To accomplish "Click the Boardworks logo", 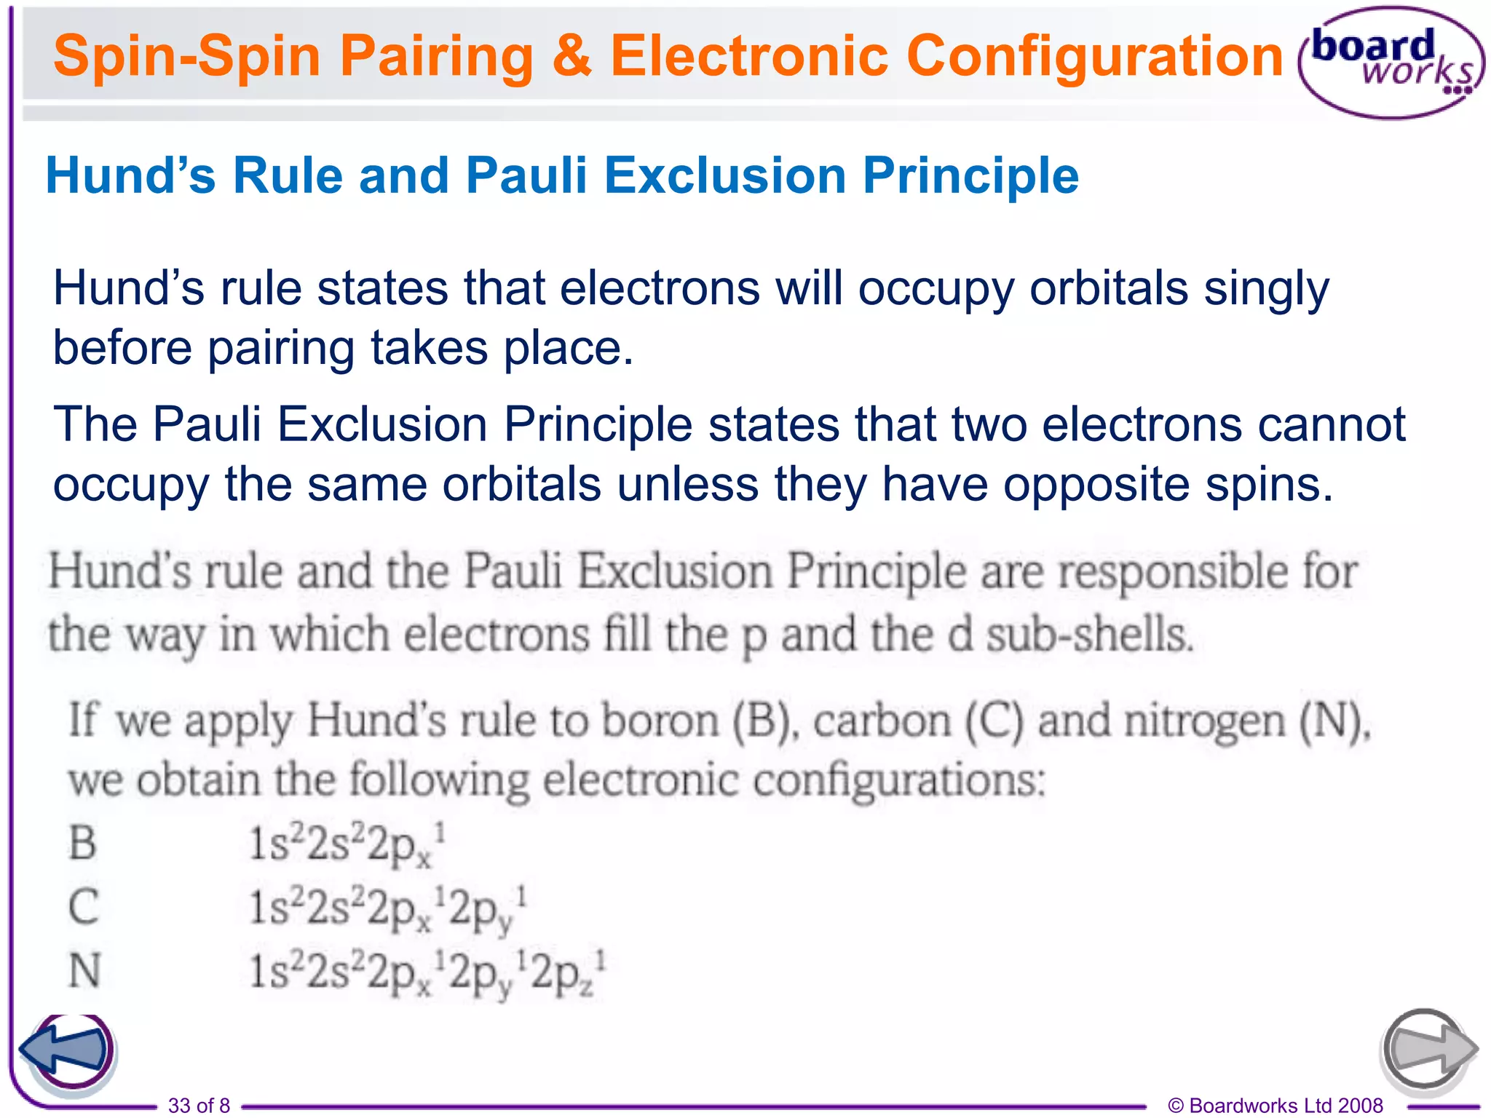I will (x=1391, y=63).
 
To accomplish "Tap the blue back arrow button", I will (x=67, y=1050).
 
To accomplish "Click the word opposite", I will (x=1096, y=484).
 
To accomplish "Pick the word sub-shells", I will (x=1089, y=635).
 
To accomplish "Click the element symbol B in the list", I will (x=82, y=843).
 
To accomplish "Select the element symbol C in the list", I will (x=83, y=907).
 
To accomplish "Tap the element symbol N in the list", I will (x=84, y=970).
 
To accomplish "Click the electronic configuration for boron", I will (x=347, y=844).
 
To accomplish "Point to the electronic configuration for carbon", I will (x=387, y=908).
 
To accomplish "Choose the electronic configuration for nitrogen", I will (x=427, y=972).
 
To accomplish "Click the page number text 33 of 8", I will (x=199, y=1106).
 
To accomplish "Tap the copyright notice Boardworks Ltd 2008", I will (x=1275, y=1106).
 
